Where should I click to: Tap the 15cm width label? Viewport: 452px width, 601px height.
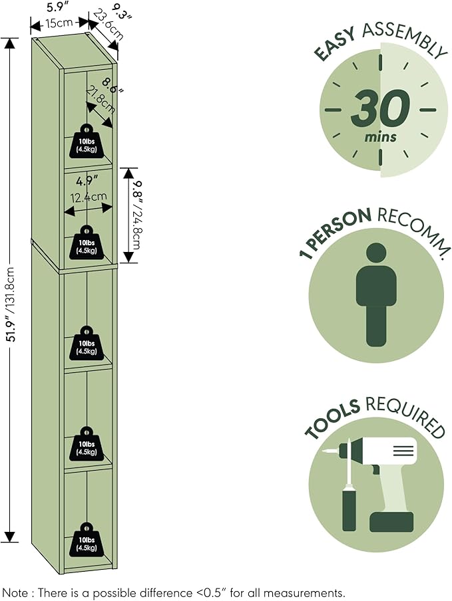(59, 23)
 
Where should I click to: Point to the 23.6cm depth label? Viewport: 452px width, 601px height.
(109, 25)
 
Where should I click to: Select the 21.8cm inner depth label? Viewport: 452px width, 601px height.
(101, 100)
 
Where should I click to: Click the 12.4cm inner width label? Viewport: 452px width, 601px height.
(89, 197)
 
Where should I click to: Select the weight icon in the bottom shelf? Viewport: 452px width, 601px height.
(87, 540)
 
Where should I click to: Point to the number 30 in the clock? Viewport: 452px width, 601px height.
(380, 109)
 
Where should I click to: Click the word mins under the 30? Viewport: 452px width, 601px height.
(381, 136)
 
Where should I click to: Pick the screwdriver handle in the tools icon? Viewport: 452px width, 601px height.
(349, 507)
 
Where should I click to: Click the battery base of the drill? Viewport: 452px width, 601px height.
(392, 522)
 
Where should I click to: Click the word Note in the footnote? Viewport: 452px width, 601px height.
(15, 592)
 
